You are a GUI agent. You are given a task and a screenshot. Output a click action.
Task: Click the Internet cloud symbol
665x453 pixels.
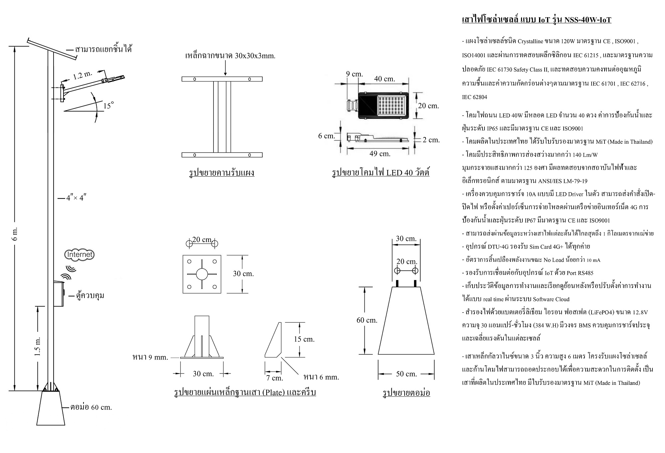pos(79,255)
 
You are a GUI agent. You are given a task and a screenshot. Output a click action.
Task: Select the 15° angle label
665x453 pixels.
pos(108,106)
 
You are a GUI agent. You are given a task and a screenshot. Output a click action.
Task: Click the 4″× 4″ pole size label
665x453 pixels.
pos(76,198)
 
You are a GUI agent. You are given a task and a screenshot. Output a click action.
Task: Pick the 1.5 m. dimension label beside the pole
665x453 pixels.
pos(38,346)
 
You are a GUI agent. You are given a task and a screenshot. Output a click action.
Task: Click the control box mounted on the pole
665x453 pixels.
pos(59,294)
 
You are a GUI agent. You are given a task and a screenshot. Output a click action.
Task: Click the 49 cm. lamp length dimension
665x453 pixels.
pos(380,154)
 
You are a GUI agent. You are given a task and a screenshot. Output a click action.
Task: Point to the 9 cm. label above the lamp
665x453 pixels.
pos(354,74)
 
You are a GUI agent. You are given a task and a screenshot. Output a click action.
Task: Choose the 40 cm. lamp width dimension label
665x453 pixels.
pos(385,79)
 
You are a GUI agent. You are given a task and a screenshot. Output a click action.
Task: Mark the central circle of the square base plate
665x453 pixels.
pos(201,274)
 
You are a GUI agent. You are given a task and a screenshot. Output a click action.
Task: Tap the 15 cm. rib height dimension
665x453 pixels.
pos(304,339)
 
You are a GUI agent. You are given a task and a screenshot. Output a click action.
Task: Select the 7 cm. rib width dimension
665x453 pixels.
pos(275,378)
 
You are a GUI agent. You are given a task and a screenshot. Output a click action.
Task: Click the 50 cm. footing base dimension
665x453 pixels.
pos(406,374)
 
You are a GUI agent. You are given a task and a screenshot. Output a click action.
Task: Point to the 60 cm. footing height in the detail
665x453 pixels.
pos(367,320)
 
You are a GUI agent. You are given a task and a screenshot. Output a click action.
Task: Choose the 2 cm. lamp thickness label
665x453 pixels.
pos(431,140)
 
